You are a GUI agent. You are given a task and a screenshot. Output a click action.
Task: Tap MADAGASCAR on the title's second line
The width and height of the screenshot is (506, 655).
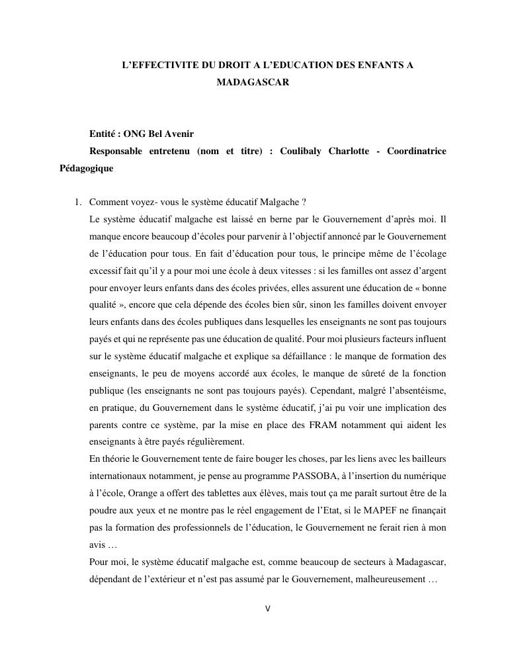(253, 83)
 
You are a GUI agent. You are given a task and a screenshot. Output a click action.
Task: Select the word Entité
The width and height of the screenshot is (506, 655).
(103, 134)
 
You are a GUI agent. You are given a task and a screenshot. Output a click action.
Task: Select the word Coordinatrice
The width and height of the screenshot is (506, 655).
(417, 151)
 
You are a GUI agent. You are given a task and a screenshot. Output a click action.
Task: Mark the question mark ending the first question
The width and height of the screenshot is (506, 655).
(303, 202)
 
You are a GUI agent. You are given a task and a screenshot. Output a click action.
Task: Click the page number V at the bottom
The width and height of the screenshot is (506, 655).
(267, 609)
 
